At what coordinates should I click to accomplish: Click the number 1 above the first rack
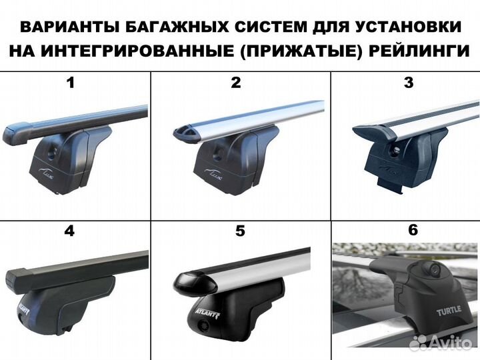click(x=71, y=83)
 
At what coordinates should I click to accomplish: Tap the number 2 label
click(x=235, y=83)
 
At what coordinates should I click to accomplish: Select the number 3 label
click(x=409, y=83)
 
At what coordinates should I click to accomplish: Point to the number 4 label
click(x=69, y=232)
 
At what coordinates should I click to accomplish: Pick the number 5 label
click(x=240, y=232)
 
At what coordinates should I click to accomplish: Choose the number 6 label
click(x=413, y=230)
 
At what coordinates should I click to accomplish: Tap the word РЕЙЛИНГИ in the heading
click(x=420, y=51)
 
